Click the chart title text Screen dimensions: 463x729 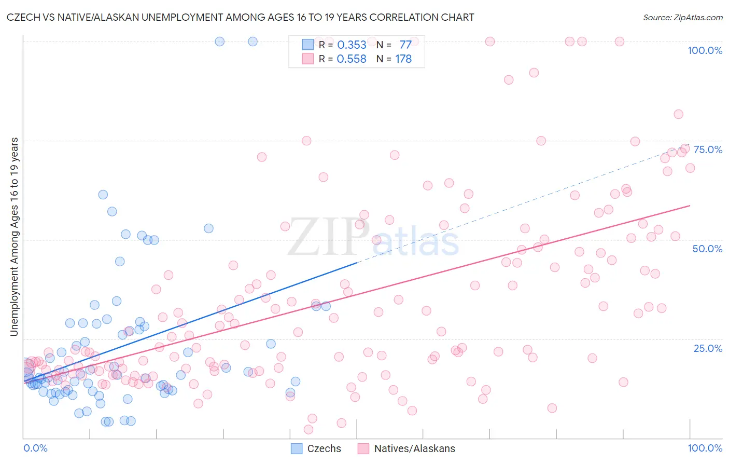240,18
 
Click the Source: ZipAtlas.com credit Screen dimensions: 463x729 682,18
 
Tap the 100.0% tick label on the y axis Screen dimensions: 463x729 705,50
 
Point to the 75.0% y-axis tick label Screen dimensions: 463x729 708,149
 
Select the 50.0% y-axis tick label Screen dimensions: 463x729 707,249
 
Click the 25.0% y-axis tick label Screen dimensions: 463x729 708,348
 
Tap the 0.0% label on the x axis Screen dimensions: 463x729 35,448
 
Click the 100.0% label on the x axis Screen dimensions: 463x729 705,448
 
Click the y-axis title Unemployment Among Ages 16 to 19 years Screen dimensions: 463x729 15,237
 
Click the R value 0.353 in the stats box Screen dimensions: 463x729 352,45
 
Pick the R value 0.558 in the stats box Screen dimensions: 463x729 352,59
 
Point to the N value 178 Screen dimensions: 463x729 403,59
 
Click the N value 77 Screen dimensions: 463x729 405,45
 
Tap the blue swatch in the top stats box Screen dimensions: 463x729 308,45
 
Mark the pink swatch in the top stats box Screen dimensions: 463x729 308,59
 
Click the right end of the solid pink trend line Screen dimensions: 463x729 690,206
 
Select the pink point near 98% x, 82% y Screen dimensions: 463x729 678,114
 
